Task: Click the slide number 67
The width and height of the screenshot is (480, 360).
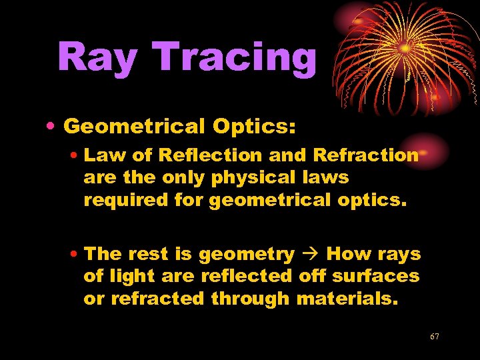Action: (434, 337)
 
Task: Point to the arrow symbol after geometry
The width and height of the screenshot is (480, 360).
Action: (310, 254)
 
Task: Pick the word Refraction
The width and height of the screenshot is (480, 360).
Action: (365, 155)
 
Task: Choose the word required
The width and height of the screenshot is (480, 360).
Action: (121, 199)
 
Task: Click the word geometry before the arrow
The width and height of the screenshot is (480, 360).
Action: (247, 255)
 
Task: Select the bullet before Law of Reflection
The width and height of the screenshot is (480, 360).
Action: (76, 156)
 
